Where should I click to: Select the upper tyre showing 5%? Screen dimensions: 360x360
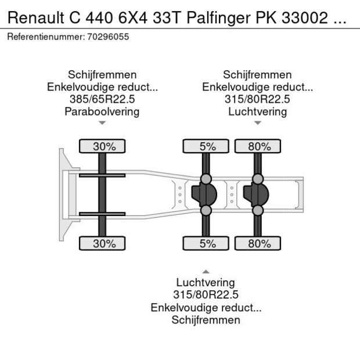pyautogui.click(x=207, y=146)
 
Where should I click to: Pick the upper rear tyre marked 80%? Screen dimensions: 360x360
pyautogui.click(x=259, y=146)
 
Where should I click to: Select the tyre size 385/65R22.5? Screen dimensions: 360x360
pyautogui.click(x=102, y=99)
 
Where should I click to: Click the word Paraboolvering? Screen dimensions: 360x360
pyautogui.click(x=102, y=111)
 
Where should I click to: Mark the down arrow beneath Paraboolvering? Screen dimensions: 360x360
pyautogui.click(x=102, y=123)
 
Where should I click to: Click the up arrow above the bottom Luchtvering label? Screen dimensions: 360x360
pyautogui.click(x=206, y=271)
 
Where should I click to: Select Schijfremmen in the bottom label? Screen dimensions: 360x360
pyautogui.click(x=206, y=320)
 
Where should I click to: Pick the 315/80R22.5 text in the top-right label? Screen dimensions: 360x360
pyautogui.click(x=258, y=99)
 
